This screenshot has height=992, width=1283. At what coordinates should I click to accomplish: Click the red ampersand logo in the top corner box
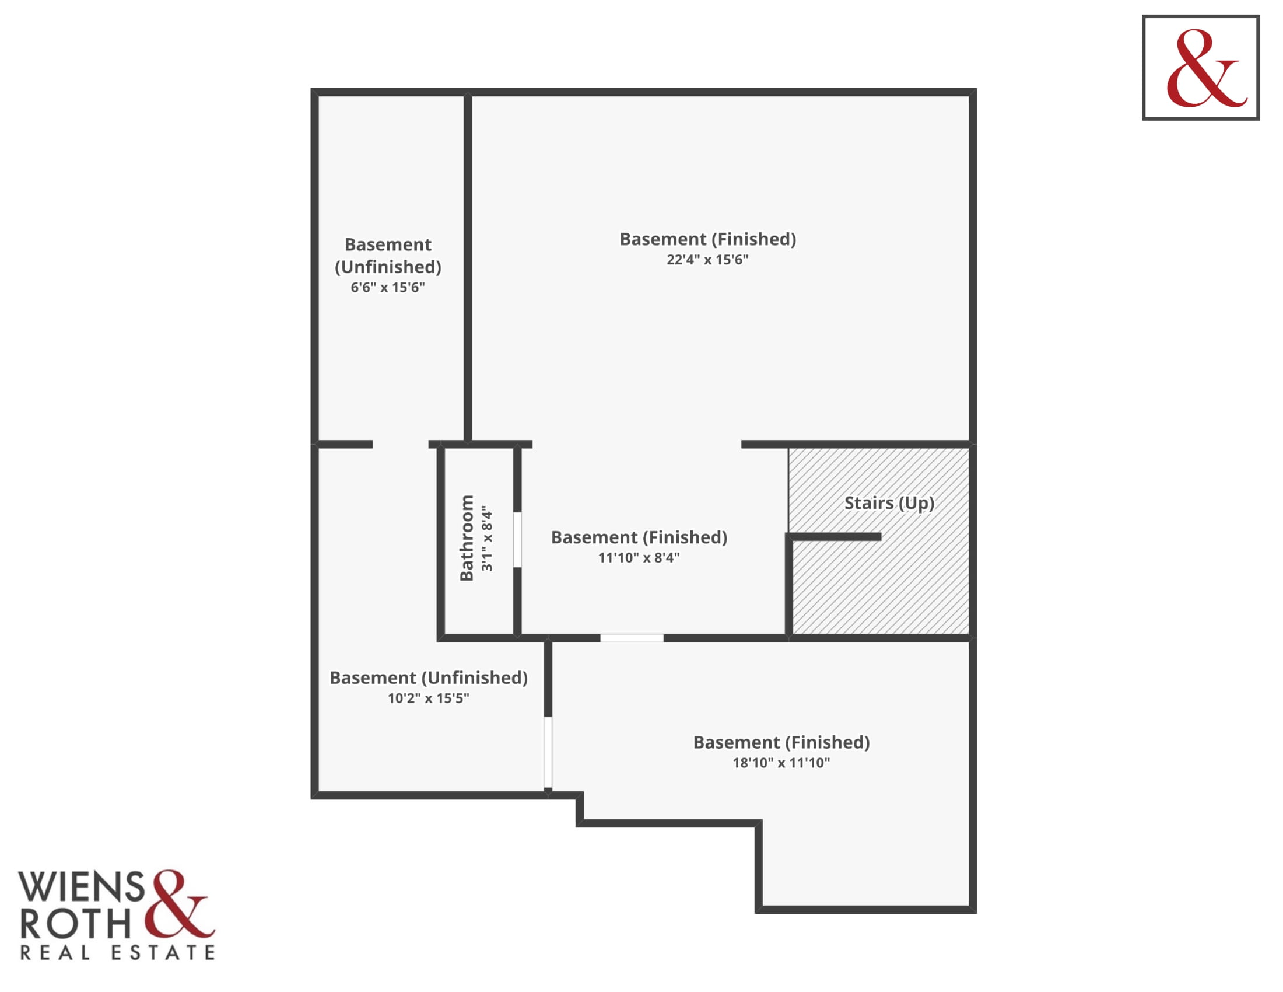(1205, 68)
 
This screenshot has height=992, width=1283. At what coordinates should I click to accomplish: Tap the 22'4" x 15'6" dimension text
(707, 260)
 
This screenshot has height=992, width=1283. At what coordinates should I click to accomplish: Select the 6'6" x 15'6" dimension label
(388, 287)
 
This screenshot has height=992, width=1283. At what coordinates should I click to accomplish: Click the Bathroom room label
(467, 538)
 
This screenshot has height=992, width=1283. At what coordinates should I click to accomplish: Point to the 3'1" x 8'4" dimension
(487, 539)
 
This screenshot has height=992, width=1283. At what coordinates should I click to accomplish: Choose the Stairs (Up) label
(889, 503)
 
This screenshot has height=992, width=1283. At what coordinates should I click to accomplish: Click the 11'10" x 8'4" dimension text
(639, 558)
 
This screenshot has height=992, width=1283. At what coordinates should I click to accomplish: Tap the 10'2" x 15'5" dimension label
(428, 698)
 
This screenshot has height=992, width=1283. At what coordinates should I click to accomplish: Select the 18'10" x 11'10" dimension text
(781, 763)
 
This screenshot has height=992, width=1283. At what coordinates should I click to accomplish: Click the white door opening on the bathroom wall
(517, 540)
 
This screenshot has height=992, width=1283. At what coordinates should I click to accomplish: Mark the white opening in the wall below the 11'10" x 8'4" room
(632, 638)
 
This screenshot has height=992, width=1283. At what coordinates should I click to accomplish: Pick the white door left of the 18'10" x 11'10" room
(548, 752)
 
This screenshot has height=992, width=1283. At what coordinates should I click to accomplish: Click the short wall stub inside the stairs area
(833, 536)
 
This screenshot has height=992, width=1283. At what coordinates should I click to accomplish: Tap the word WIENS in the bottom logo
(82, 887)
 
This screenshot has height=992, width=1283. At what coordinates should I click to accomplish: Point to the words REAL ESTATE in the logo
(117, 953)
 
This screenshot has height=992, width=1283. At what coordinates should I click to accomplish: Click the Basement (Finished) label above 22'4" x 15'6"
(708, 239)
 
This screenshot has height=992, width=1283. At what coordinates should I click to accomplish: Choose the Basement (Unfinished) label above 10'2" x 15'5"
(429, 677)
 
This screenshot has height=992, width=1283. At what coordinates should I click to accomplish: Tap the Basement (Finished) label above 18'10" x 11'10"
(782, 742)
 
